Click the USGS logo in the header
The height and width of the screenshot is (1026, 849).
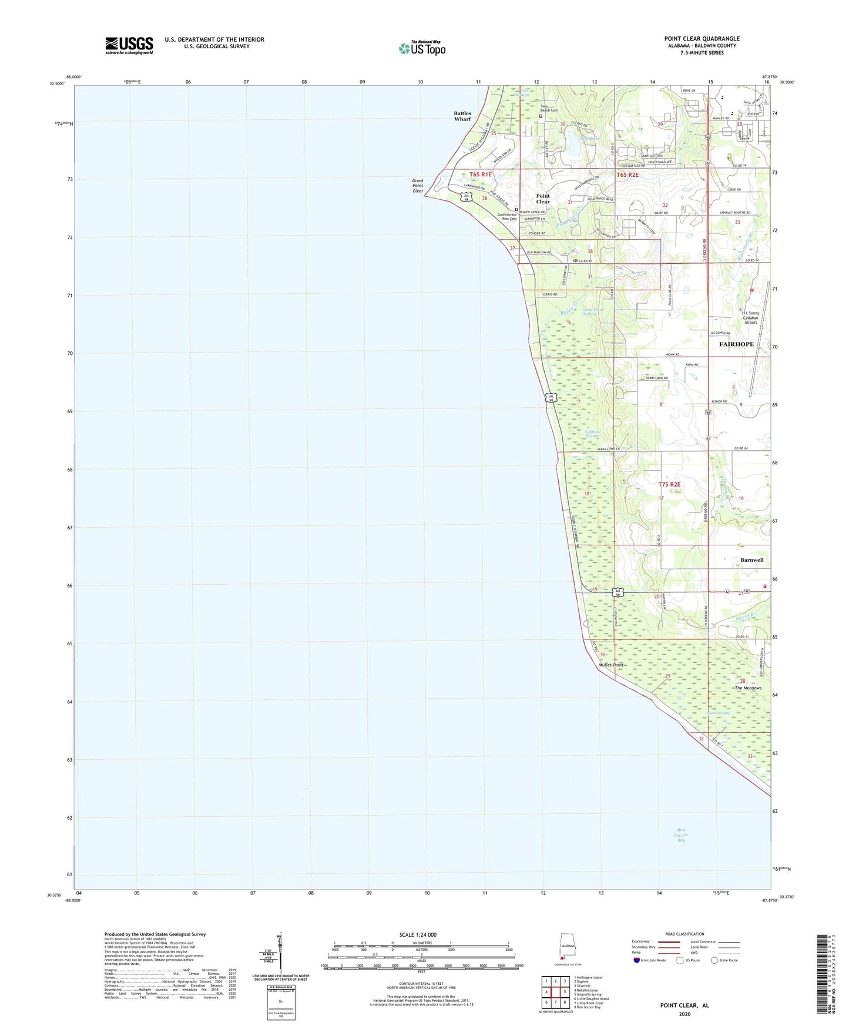point(129,45)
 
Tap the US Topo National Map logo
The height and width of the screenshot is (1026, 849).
point(421,48)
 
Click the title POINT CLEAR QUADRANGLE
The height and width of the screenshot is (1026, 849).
point(702,39)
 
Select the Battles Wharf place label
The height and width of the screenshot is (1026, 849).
point(462,116)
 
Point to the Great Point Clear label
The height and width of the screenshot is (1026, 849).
point(418,186)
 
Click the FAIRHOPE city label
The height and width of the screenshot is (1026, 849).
point(736,344)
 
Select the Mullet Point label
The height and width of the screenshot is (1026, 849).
point(610,665)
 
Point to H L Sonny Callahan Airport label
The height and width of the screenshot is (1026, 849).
point(750,318)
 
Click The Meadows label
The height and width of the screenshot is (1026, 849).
point(748,688)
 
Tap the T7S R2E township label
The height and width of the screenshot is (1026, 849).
point(669,484)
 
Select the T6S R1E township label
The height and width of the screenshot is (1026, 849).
point(480,175)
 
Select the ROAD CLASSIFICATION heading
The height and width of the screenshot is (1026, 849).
point(686,934)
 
